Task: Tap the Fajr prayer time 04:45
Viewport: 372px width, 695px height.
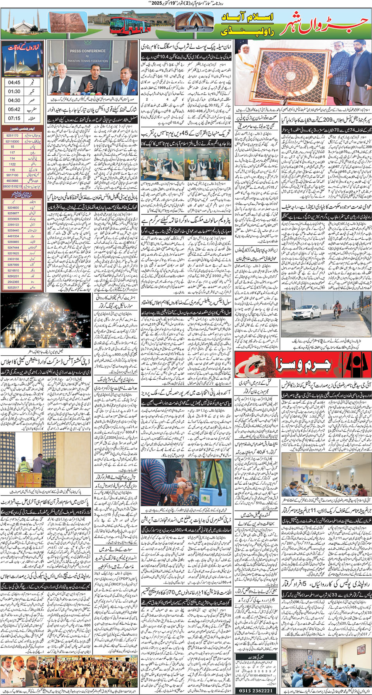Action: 14,83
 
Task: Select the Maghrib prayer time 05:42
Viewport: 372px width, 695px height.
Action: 14,109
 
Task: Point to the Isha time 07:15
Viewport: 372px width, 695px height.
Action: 14,118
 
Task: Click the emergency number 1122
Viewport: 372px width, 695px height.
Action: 12,164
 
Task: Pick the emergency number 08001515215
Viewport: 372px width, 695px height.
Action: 12,186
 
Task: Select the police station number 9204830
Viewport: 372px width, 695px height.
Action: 13,208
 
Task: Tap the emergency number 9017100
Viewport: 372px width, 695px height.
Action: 12,175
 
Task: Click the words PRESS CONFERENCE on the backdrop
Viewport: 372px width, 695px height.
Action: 88,51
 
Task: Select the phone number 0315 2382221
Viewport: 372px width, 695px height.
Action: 256,690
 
